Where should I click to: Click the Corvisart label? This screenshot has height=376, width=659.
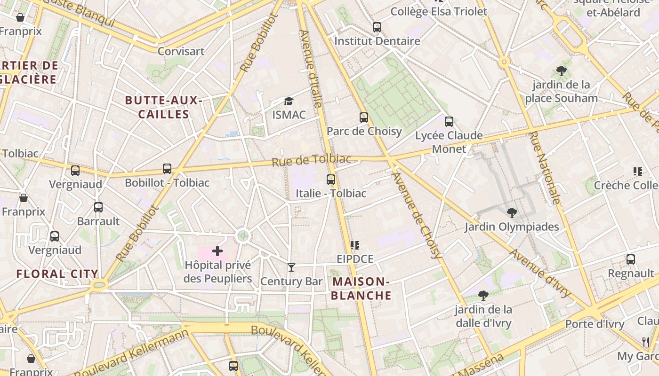(x=181, y=51)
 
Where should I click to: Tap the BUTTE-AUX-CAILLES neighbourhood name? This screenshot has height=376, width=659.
(x=164, y=107)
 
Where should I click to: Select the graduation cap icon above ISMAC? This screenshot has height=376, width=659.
(x=289, y=101)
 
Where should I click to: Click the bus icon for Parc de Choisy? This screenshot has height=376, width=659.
(x=363, y=117)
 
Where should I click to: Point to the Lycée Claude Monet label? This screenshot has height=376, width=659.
(x=449, y=142)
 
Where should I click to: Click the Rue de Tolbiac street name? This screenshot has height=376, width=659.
(x=312, y=160)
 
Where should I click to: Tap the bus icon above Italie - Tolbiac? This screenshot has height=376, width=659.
(x=331, y=180)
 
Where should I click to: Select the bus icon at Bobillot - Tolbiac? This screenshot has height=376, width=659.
(x=167, y=169)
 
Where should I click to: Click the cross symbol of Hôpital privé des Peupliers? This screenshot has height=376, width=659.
(x=217, y=251)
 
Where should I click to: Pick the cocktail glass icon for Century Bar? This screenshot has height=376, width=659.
(x=291, y=267)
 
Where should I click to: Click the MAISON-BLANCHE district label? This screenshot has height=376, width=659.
(x=362, y=288)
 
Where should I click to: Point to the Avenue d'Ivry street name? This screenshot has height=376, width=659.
(x=540, y=273)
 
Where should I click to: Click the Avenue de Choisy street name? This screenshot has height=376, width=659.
(x=417, y=215)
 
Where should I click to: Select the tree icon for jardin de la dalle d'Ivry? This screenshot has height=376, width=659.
(x=483, y=296)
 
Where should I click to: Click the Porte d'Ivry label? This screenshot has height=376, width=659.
(x=595, y=324)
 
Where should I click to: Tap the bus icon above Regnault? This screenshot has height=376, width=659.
(x=631, y=259)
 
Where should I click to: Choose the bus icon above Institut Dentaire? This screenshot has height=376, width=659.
(x=377, y=27)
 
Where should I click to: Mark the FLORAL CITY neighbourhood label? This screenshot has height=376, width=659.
(x=57, y=274)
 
